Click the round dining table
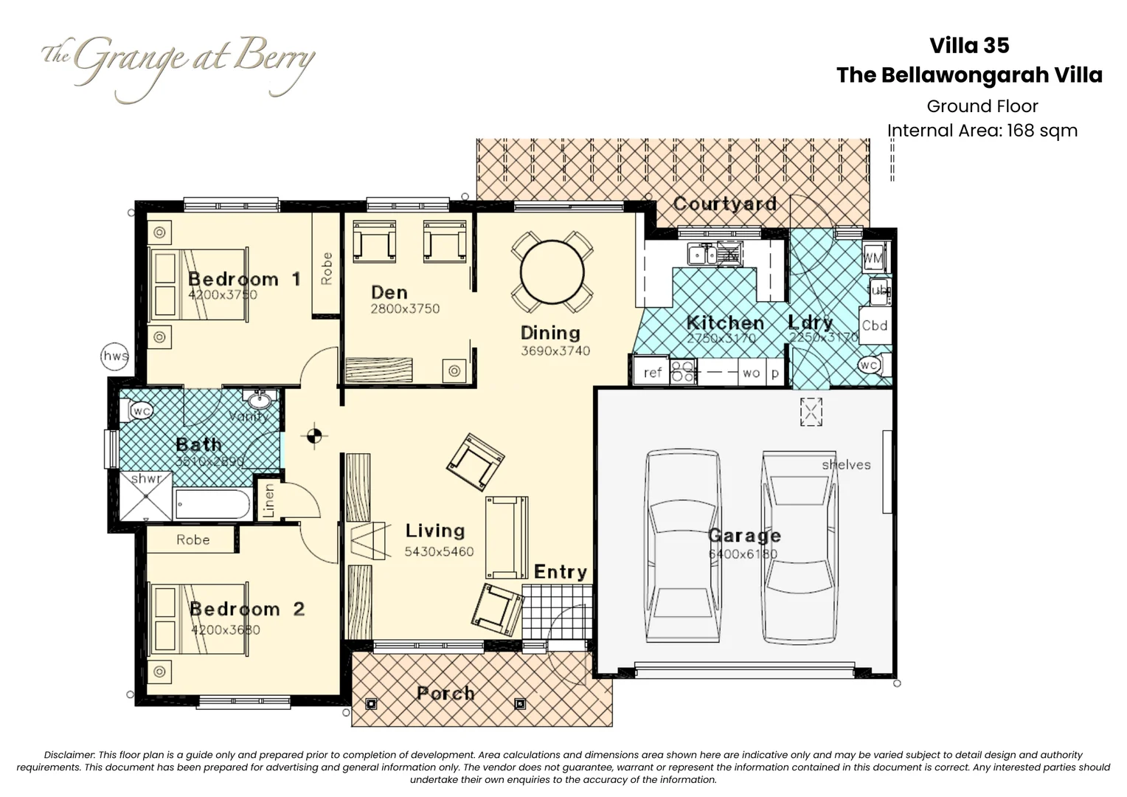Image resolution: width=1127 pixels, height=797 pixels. tap(552, 272)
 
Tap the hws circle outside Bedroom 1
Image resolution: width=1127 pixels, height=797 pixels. tap(115, 356)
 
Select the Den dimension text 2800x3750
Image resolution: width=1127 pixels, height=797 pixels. tap(405, 309)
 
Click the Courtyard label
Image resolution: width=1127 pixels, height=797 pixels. tap(724, 204)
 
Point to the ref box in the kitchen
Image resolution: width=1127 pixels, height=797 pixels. tap(652, 373)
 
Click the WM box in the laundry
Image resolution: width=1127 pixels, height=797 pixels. tap(873, 258)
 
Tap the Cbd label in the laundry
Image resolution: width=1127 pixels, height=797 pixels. tap(875, 325)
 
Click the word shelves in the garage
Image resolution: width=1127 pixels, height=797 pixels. tap(846, 465)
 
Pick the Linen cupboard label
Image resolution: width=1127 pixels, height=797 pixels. tap(269, 500)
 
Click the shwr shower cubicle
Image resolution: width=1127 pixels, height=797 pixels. tap(146, 496)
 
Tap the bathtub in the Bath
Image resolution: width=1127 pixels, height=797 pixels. tap(212, 506)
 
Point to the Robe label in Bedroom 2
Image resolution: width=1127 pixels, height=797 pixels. tap(193, 540)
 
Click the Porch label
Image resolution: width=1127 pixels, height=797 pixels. tap(445, 693)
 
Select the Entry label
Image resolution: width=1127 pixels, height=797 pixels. tap(561, 572)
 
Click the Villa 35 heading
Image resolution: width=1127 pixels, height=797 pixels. tap(969, 46)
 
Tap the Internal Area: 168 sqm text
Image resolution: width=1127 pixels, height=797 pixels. tap(982, 131)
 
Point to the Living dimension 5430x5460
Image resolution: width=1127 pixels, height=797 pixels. tap(439, 551)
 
